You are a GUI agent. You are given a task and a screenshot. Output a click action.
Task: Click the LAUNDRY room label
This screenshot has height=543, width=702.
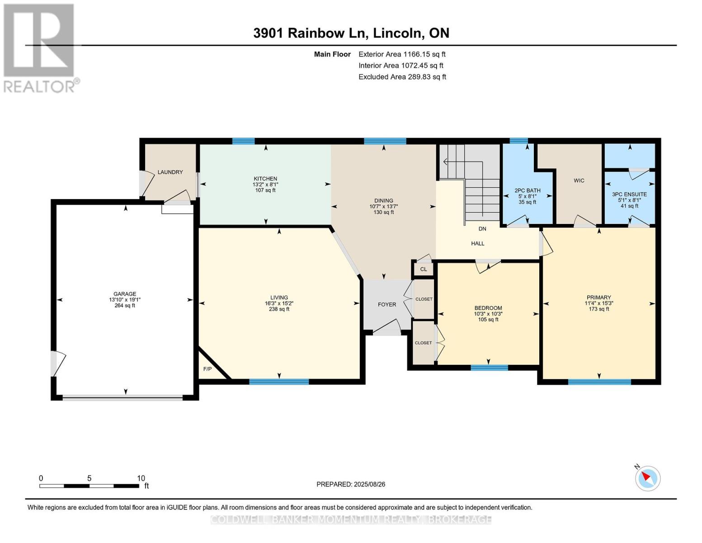coord(170,172)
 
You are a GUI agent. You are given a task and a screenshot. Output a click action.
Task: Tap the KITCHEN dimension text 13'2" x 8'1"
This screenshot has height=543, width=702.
coord(265,184)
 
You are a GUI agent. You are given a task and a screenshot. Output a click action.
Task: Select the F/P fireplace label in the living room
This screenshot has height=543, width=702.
coord(207,369)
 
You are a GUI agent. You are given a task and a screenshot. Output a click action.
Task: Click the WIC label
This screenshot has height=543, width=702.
coord(579,181)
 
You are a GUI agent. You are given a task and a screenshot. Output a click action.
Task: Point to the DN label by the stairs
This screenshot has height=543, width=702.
coord(482,229)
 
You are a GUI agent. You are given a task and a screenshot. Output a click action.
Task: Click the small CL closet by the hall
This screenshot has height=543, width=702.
coord(424,269)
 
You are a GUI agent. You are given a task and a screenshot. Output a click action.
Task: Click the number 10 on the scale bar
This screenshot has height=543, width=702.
coord(141,478)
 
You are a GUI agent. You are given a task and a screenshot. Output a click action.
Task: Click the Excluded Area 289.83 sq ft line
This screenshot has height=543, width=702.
coord(402,77)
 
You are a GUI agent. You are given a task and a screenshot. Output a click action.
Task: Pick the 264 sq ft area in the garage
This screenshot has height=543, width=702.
coord(125,305)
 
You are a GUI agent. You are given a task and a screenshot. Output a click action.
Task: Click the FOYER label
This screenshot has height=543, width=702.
coord(386,305)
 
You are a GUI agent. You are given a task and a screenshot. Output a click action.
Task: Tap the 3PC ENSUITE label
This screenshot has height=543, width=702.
coord(629,195)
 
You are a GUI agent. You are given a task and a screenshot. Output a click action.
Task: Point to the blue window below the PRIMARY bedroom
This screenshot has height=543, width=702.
coord(599,382)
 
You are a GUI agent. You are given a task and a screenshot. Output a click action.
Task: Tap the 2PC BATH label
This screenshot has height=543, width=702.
coord(527,191)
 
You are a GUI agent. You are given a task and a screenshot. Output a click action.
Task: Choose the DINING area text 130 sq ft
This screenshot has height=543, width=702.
coord(383,212)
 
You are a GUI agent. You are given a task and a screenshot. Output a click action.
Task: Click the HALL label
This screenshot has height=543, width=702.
coord(477,243)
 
